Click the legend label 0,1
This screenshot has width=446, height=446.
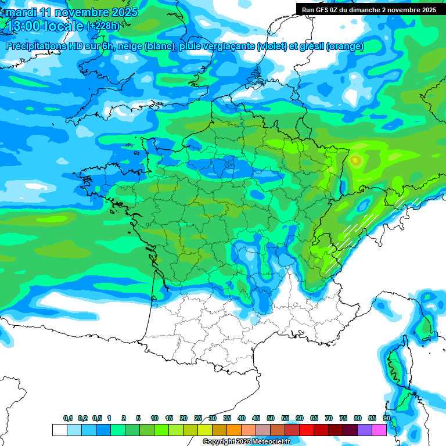[68, 418]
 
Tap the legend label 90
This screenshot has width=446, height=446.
[386, 418]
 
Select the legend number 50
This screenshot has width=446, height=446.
[271, 418]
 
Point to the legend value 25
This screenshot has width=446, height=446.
[198, 418]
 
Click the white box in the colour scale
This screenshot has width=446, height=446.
[59, 430]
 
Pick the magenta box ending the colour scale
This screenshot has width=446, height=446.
[379, 430]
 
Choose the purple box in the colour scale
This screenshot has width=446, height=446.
[365, 430]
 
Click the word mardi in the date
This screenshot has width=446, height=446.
[21, 12]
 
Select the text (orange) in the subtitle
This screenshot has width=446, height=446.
[345, 47]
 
